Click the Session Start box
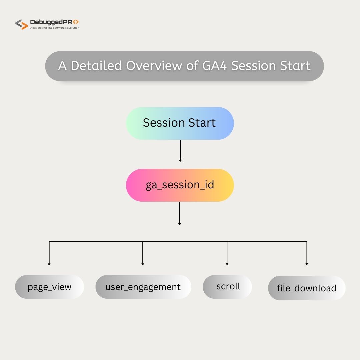180,123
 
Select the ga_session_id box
180,185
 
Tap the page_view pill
49,287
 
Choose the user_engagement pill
143,287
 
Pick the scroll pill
227,287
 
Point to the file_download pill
307,288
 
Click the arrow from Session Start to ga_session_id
180,151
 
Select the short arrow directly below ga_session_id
180,213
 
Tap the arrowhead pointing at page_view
49,264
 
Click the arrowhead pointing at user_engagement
143,264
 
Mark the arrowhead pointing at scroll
227,264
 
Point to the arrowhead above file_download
307,264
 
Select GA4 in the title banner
214,66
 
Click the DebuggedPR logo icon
22,24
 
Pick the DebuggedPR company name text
51,22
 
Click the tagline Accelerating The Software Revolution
55,28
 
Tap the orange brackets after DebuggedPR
76,22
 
